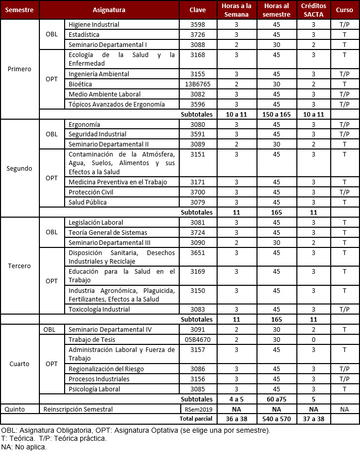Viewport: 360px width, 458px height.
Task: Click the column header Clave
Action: tap(197, 10)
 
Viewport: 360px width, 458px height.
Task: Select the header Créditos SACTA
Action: tap(313, 10)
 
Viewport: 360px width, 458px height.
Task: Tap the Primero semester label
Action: tap(20, 69)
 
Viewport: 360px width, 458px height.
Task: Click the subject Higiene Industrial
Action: tap(93, 25)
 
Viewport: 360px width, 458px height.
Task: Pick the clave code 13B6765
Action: tap(197, 84)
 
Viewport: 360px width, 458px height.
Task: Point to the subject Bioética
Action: tap(80, 84)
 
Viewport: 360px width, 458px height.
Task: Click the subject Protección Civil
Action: tap(91, 192)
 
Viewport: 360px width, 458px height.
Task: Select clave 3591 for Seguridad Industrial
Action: tap(197, 134)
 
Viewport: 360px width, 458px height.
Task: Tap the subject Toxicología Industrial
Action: tap(99, 310)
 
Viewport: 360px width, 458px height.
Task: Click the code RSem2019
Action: tap(197, 409)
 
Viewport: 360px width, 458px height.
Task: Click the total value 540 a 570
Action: tap(277, 419)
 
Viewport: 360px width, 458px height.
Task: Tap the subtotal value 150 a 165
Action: tap(277, 115)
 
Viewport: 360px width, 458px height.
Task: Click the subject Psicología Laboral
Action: tap(94, 389)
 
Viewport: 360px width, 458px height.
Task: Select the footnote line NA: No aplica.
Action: tap(24, 447)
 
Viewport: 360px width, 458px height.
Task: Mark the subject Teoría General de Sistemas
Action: tap(108, 233)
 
